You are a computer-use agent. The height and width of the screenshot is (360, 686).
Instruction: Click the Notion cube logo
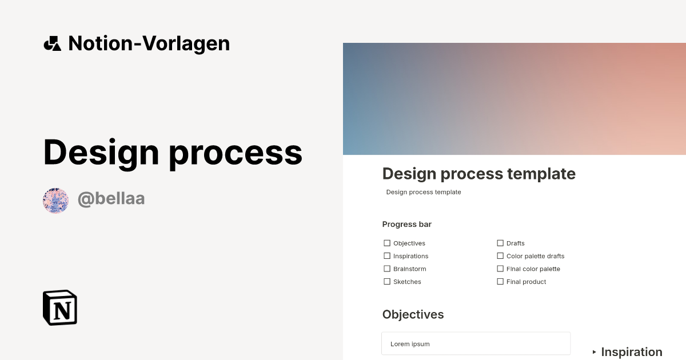(60, 307)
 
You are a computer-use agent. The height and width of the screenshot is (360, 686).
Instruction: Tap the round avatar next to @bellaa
(56, 201)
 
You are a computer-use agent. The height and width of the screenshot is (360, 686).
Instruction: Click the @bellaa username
(111, 199)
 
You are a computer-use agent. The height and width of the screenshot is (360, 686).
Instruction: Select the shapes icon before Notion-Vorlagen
(52, 43)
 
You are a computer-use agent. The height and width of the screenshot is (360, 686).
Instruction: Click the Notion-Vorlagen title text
(149, 43)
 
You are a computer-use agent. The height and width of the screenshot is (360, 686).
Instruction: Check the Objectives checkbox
(387, 243)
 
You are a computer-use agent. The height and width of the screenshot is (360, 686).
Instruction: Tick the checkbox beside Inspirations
(387, 256)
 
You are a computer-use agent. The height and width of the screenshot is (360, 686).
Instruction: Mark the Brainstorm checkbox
(387, 269)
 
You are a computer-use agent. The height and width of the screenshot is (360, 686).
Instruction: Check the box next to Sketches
(387, 282)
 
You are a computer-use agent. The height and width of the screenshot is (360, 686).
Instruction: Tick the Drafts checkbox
(500, 243)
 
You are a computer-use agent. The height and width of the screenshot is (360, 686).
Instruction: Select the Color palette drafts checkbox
(500, 256)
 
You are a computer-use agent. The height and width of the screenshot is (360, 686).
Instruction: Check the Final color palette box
(500, 269)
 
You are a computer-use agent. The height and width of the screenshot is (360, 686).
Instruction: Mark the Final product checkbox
(500, 282)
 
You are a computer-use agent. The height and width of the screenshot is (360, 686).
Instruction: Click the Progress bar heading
(406, 224)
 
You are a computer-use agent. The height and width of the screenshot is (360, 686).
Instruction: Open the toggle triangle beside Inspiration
(595, 352)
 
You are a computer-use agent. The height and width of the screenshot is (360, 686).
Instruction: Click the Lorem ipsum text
(410, 344)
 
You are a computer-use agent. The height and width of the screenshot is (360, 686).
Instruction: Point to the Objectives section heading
(413, 314)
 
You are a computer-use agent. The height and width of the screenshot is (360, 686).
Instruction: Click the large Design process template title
(478, 174)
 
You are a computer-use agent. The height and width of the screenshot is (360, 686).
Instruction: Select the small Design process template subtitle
(424, 192)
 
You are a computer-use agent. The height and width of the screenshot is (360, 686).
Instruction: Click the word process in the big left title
(236, 153)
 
